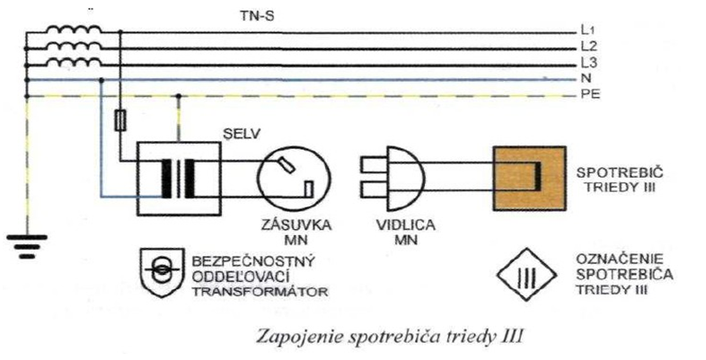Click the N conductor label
pos(585,78)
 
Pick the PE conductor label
pos(589,93)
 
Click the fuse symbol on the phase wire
pos(121,121)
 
